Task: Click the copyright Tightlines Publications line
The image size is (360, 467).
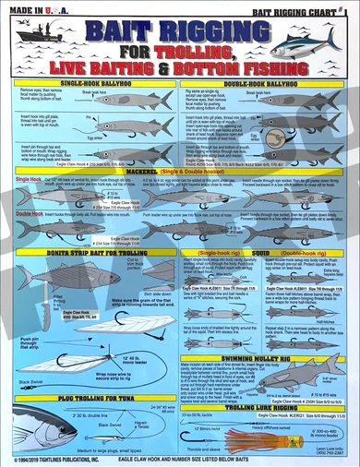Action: [x=65, y=459]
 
